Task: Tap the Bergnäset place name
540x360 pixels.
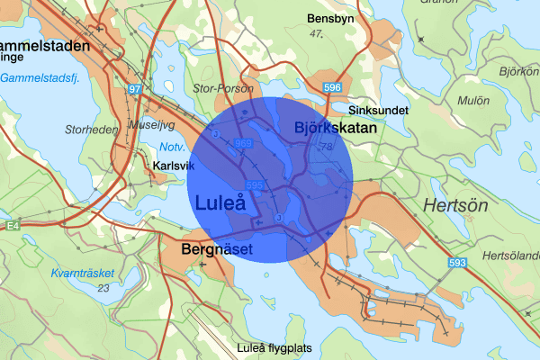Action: (217, 248)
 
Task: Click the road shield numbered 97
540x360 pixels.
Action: (135, 89)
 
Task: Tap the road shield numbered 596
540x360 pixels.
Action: (333, 86)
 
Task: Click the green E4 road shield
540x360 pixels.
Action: (7, 225)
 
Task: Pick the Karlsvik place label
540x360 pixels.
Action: (173, 166)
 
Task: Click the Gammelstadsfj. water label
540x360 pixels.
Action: (41, 77)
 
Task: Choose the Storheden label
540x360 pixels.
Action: (92, 130)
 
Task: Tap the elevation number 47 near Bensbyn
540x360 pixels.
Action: (315, 34)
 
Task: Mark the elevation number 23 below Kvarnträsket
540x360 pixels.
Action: (103, 288)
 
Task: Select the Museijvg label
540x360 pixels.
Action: (151, 125)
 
